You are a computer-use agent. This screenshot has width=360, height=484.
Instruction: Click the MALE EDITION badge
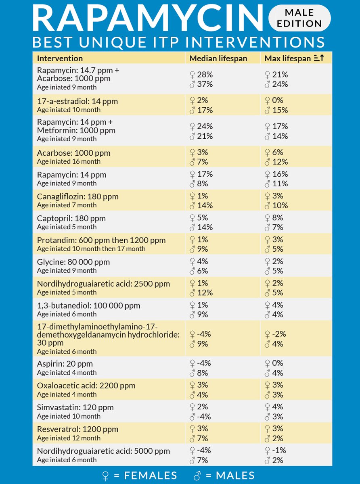pos(299,18)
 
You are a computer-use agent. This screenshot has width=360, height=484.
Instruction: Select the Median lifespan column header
pos(218,58)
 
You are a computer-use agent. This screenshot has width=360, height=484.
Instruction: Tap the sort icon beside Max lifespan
pos(319,58)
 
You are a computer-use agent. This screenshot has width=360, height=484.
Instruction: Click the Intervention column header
pos(60,58)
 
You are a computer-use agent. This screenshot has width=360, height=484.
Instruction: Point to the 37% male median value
pos(205,84)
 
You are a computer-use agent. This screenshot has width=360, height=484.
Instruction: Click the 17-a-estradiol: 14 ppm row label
pos(77,101)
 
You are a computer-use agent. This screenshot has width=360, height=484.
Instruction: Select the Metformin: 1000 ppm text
pos(76,131)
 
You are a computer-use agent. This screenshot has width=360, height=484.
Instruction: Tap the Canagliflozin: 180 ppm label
pos(78,196)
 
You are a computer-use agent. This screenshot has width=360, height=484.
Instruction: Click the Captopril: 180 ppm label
pos(71,219)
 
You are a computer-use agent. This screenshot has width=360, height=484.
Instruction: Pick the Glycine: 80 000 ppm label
pos(73,262)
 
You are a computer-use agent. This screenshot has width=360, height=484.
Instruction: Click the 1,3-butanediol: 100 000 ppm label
pos(88,306)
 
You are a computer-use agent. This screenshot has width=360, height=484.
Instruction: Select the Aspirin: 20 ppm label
pos(65,364)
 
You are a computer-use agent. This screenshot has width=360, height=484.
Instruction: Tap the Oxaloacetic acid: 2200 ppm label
pos(86,386)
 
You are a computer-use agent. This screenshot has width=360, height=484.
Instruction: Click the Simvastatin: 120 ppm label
pos(75,407)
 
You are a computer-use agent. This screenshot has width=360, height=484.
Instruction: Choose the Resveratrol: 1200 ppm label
pos(77,429)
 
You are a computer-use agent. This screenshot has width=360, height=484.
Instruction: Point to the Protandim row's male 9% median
pos(203,249)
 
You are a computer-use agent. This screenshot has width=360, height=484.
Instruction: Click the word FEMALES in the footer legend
pos(151,476)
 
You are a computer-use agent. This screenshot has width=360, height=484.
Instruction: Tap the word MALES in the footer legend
pos(235,476)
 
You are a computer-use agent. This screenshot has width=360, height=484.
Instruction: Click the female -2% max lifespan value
pos(279,334)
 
